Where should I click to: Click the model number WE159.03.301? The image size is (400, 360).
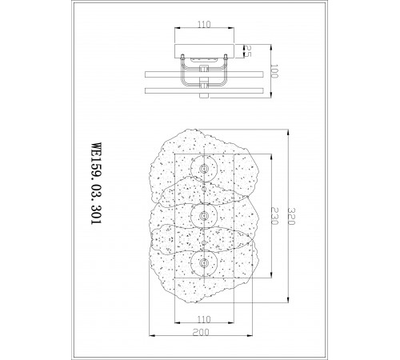tap(96, 183)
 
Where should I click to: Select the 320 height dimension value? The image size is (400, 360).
tap(291, 216)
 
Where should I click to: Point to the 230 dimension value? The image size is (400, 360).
tap(274, 216)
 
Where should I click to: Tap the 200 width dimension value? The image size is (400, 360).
tap(201, 332)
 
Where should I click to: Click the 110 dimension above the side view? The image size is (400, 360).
tap(204, 25)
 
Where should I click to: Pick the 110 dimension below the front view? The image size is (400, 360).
tap(204, 319)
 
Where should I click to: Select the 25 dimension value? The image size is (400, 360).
tap(248, 51)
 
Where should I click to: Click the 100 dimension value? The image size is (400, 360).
tap(274, 71)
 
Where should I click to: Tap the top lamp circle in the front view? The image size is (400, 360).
tap(204, 155)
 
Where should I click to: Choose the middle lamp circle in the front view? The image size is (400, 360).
tap(204, 202)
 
